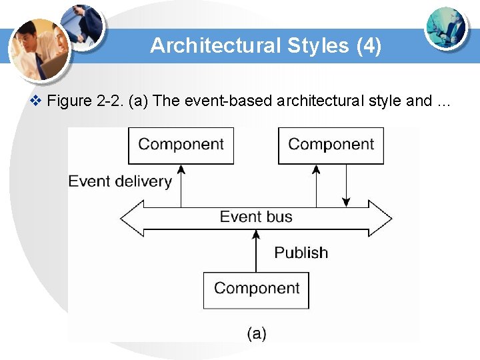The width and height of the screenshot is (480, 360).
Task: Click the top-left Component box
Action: [181, 145]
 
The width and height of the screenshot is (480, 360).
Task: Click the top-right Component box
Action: [331, 145]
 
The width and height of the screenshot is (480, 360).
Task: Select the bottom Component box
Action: [256, 289]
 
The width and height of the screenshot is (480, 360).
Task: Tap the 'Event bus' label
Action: [256, 217]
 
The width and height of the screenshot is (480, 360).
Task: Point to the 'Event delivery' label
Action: [120, 181]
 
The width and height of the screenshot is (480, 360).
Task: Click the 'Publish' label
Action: [301, 253]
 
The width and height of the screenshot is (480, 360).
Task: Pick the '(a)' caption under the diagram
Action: [257, 333]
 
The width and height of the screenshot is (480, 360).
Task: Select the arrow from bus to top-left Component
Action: [181, 186]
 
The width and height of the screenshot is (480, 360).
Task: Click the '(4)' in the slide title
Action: [369, 46]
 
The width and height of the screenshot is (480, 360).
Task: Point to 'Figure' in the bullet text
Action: [70, 101]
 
